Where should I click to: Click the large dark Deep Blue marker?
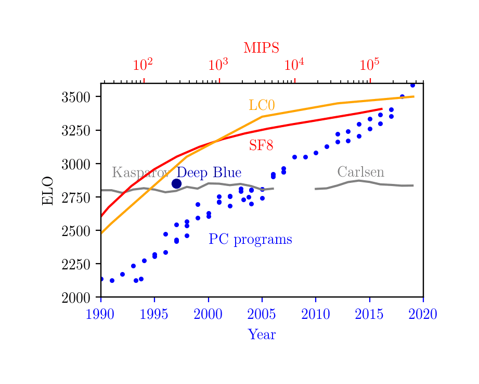[176, 183]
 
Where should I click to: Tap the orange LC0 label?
[261, 105]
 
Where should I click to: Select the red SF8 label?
[261, 145]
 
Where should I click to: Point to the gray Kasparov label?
[140, 174]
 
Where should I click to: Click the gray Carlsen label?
[360, 172]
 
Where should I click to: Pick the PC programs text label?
[250, 240]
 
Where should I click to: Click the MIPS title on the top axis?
[261, 48]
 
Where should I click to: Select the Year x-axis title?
[262, 335]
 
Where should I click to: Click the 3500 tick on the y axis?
[76, 97]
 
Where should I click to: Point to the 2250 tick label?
[76, 264]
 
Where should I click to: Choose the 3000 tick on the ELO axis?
[76, 164]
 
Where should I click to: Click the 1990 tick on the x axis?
[101, 314]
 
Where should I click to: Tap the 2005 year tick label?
[262, 314]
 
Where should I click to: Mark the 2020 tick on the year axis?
[422, 314]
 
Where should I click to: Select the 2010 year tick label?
[316, 314]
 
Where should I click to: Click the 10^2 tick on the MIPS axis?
[143, 65]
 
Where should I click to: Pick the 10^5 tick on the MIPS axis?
[369, 65]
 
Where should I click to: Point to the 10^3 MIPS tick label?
[218, 65]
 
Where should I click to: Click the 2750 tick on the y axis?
[76, 197]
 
